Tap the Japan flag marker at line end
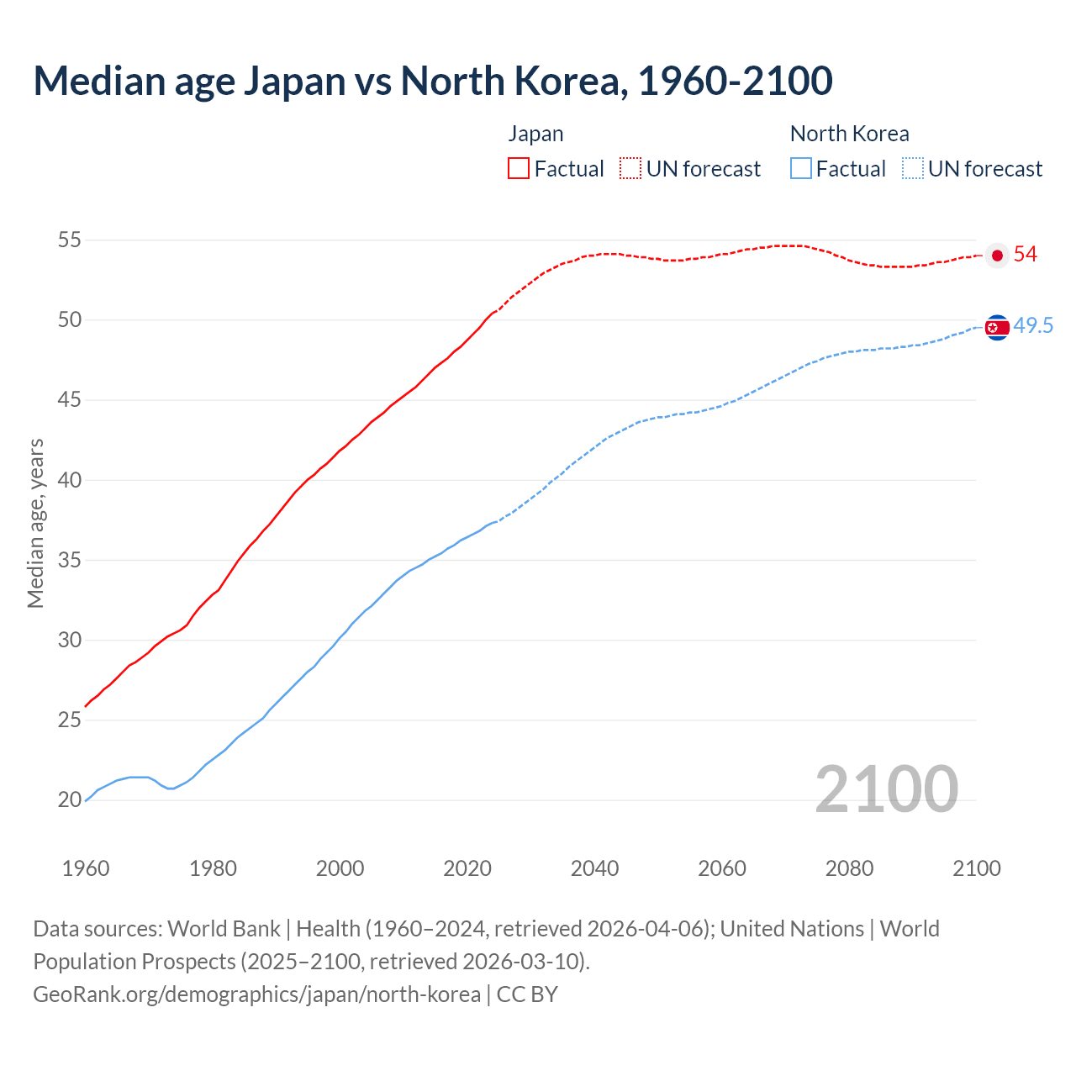pyautogui.click(x=997, y=256)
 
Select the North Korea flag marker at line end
pyautogui.click(x=997, y=327)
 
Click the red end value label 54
pyautogui.click(x=1026, y=255)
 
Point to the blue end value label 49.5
pyautogui.click(x=1033, y=326)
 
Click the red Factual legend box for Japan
pyautogui.click(x=519, y=169)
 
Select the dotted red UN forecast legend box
pyautogui.click(x=630, y=169)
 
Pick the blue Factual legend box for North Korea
pyautogui.click(x=801, y=169)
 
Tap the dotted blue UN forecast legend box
pyautogui.click(x=913, y=169)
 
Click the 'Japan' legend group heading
pyautogui.click(x=535, y=134)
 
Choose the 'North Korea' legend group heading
pyautogui.click(x=849, y=134)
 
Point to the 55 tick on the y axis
pyautogui.click(x=69, y=240)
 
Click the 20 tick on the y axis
pyautogui.click(x=69, y=800)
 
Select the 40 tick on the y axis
pyautogui.click(x=69, y=480)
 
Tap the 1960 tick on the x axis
pyautogui.click(x=86, y=868)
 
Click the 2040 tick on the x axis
pyautogui.click(x=594, y=868)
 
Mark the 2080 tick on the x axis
pyautogui.click(x=849, y=868)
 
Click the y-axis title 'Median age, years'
pyautogui.click(x=35, y=523)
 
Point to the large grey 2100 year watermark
pyautogui.click(x=886, y=789)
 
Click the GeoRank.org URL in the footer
pyautogui.click(x=256, y=994)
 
